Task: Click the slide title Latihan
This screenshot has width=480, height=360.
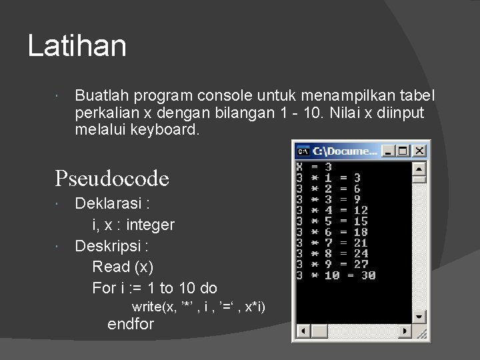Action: coord(77,46)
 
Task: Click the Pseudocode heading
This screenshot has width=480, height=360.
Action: coord(112,178)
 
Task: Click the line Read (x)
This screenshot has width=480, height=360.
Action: coord(123,267)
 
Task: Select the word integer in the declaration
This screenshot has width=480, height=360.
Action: coord(149,225)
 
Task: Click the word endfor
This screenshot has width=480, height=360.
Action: coord(131,325)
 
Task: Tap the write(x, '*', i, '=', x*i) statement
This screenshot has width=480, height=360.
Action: coord(198,307)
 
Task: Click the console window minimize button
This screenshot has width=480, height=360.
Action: coord(390,151)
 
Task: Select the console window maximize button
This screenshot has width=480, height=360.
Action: coord(404,151)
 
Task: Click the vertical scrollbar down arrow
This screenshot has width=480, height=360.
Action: coord(419,317)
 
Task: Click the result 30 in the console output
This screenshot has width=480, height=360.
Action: coord(369,275)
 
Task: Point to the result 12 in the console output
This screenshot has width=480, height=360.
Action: coord(361,211)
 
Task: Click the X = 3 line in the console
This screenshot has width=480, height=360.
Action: coord(314,167)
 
